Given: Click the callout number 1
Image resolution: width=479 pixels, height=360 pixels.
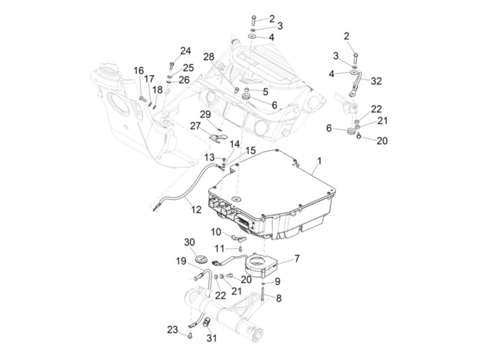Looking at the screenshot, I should (x=319, y=160).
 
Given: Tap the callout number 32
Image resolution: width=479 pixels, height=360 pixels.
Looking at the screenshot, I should (x=376, y=81).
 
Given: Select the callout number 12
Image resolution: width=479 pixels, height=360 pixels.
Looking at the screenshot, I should (x=196, y=209).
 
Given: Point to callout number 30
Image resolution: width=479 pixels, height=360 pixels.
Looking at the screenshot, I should (x=189, y=242).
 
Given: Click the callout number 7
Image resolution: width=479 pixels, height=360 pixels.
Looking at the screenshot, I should (x=297, y=258).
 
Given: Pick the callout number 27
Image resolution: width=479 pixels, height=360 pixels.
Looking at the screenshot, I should (x=195, y=126).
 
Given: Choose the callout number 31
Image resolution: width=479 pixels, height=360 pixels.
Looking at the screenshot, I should (x=211, y=338).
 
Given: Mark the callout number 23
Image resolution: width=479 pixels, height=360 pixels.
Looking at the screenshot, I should (x=172, y=330).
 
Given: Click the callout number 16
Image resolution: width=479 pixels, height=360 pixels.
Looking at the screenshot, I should (x=139, y=71).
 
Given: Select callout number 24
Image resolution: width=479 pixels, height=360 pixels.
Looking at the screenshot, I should (x=185, y=51).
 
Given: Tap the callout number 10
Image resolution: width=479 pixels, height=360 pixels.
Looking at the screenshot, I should (x=216, y=232).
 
